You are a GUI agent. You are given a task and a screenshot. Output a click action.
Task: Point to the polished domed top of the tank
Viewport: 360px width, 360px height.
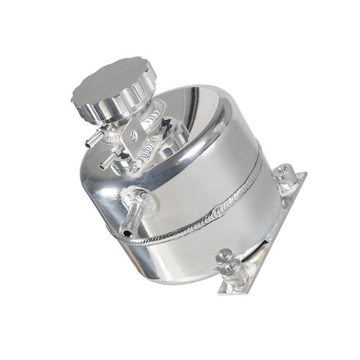(196, 128)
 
